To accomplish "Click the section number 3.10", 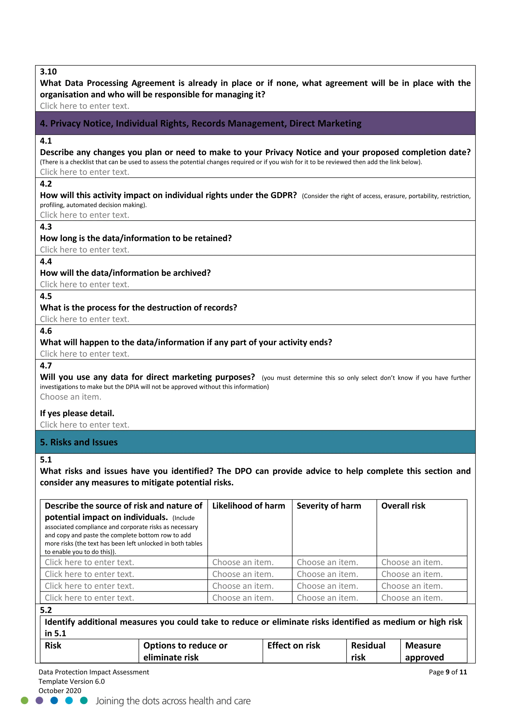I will pyautogui.click(x=48, y=72).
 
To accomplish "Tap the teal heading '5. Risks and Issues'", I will pyautogui.click(x=79, y=442).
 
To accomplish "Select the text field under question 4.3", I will pyautogui.click(x=85, y=250).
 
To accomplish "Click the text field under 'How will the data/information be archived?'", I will pyautogui.click(x=85, y=284).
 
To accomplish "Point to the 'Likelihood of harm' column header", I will pyautogui.click(x=249, y=506).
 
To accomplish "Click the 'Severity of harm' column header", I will pyautogui.click(x=329, y=506).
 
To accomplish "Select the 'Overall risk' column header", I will pyautogui.click(x=403, y=506).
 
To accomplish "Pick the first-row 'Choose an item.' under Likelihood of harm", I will pyautogui.click(x=243, y=562).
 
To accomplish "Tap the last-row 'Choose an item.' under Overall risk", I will pyautogui.click(x=412, y=598).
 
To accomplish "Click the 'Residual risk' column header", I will pyautogui.click(x=368, y=651).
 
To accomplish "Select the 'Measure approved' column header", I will pyautogui.click(x=424, y=651).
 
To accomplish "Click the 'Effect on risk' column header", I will pyautogui.click(x=293, y=646).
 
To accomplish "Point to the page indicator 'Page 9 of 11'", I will pyautogui.click(x=448, y=672).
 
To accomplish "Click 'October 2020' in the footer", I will pyautogui.click(x=60, y=691).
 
